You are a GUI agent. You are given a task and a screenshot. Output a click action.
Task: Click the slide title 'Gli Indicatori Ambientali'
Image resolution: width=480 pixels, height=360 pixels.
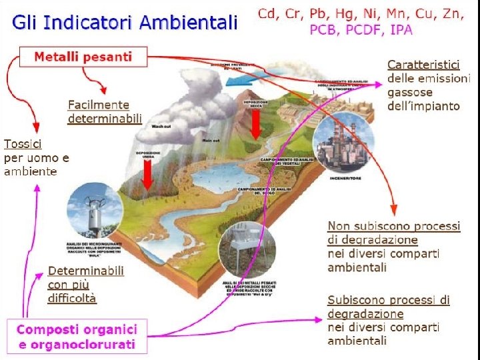pyautogui.click(x=124, y=23)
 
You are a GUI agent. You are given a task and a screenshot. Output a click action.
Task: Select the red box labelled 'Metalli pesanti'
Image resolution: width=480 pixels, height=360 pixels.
pyautogui.click(x=83, y=57)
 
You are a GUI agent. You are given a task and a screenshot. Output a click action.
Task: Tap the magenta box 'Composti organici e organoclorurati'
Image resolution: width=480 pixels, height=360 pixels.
pyautogui.click(x=77, y=337)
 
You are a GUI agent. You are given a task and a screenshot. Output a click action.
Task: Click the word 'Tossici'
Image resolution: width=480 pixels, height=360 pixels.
pyautogui.click(x=23, y=144)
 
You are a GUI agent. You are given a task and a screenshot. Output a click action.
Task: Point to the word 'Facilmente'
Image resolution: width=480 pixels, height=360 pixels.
pyautogui.click(x=99, y=105)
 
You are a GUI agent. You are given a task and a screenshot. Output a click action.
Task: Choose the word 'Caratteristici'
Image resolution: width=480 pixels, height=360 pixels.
pyautogui.click(x=424, y=65)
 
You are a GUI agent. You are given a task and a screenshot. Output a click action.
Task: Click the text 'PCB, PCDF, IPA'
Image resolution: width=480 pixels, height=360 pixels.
pyautogui.click(x=361, y=29)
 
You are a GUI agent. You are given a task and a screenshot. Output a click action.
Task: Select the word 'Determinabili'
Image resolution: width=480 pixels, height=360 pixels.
pyautogui.click(x=85, y=271)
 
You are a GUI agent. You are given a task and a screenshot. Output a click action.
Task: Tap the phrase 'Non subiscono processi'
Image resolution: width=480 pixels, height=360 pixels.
pyautogui.click(x=393, y=226)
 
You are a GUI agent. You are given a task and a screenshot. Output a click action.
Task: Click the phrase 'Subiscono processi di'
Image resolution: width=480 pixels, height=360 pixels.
pyautogui.click(x=388, y=300)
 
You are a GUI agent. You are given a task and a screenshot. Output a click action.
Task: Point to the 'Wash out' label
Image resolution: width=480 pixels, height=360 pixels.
pyautogui.click(x=161, y=126)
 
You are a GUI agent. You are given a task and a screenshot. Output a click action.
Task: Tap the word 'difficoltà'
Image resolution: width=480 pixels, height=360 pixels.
pyautogui.click(x=72, y=299)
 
